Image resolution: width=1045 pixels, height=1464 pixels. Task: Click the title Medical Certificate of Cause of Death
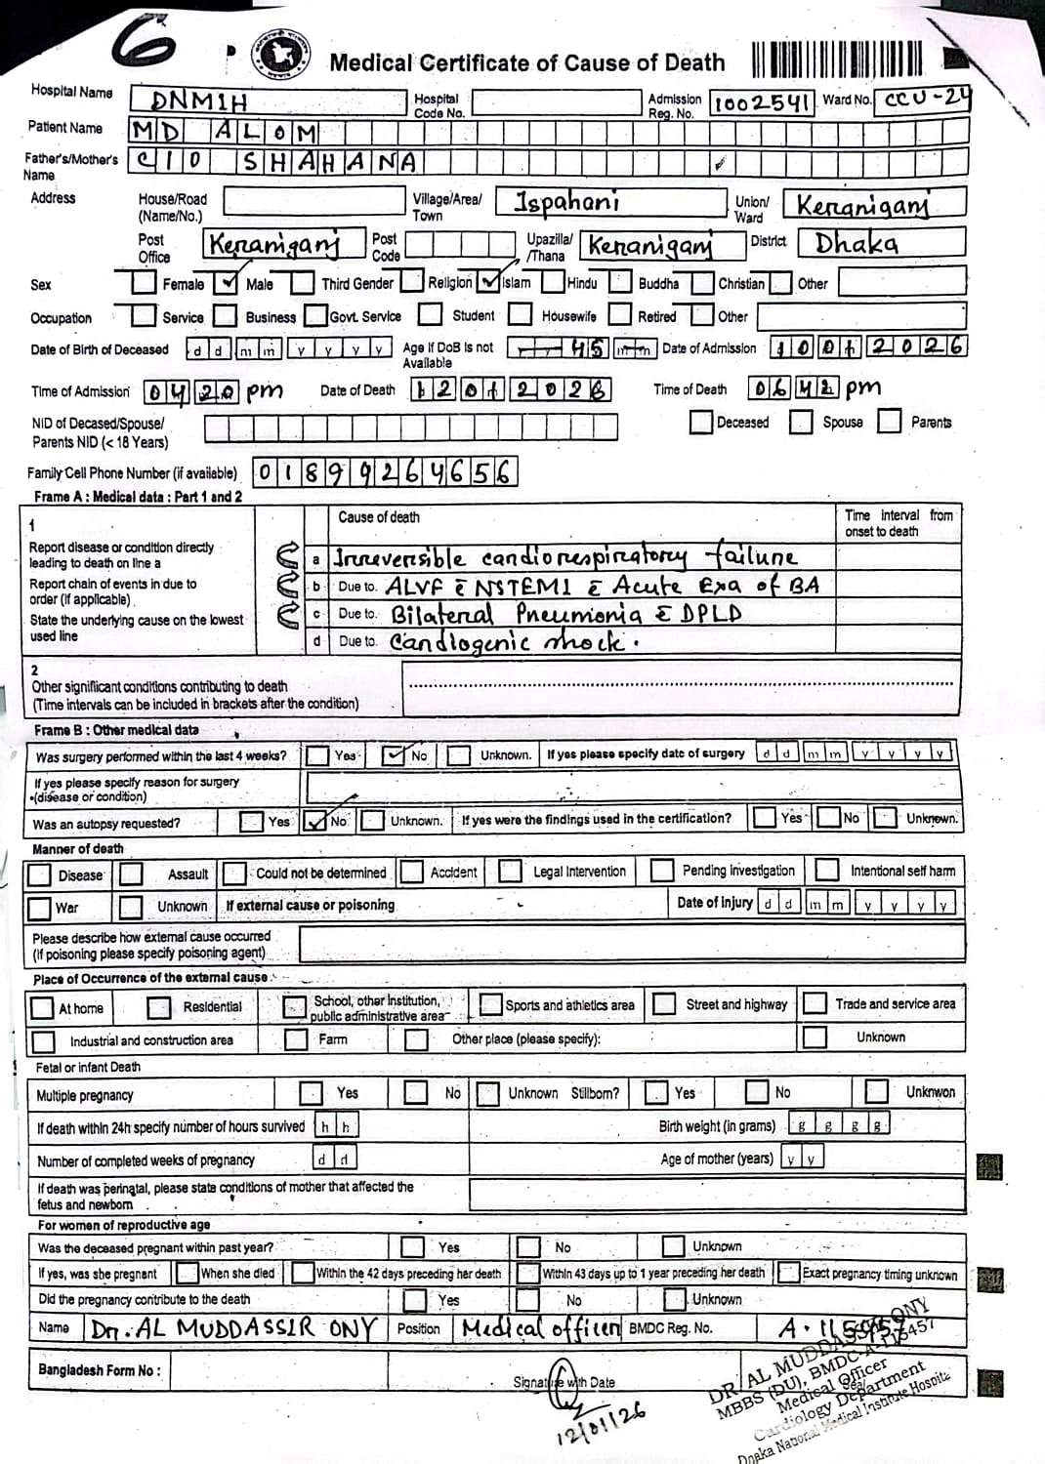click(526, 63)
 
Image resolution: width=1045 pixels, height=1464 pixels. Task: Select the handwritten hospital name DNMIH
click(200, 102)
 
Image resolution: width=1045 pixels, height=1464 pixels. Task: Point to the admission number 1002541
click(762, 103)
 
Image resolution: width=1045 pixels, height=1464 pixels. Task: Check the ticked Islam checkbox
click(489, 282)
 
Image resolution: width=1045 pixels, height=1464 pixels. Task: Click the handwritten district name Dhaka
click(857, 243)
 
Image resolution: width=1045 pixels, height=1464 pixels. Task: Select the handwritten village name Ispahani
click(566, 203)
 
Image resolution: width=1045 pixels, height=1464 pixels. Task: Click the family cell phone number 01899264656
click(385, 473)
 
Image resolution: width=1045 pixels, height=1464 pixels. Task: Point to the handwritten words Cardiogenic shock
click(514, 642)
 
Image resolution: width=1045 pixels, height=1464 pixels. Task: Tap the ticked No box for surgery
click(396, 755)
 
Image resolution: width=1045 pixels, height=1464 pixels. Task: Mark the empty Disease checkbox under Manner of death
click(40, 874)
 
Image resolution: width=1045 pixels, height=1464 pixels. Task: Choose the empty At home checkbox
click(42, 1007)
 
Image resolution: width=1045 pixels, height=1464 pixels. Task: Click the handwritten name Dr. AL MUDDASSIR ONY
click(232, 1328)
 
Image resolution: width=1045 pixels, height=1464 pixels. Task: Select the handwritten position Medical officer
click(540, 1328)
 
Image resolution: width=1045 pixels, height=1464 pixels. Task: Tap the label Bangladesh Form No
click(99, 1370)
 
